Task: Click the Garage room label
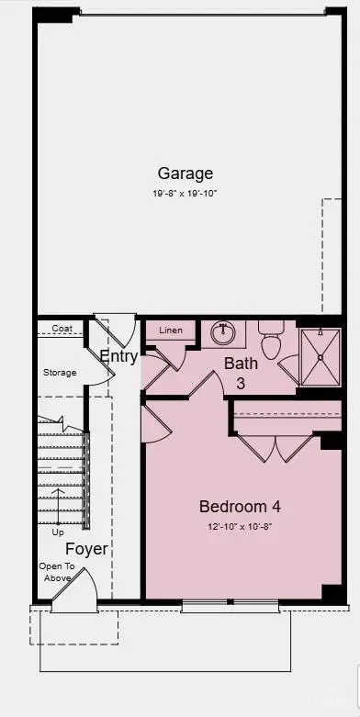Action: [185, 173]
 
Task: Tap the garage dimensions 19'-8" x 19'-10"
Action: [185, 193]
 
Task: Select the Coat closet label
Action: [62, 328]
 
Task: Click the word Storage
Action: [60, 373]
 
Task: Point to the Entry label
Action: [118, 356]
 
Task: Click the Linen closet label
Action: [171, 330]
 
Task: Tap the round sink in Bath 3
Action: [221, 331]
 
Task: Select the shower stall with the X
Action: [320, 355]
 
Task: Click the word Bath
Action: [241, 364]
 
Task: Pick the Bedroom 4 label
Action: [240, 506]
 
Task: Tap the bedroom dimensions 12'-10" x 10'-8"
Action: [240, 527]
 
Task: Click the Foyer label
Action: [86, 549]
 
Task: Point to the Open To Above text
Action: [56, 572]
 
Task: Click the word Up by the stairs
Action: [58, 532]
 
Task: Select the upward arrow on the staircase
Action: [58, 504]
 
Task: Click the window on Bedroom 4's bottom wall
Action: [230, 605]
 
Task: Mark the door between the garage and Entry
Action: [116, 328]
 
